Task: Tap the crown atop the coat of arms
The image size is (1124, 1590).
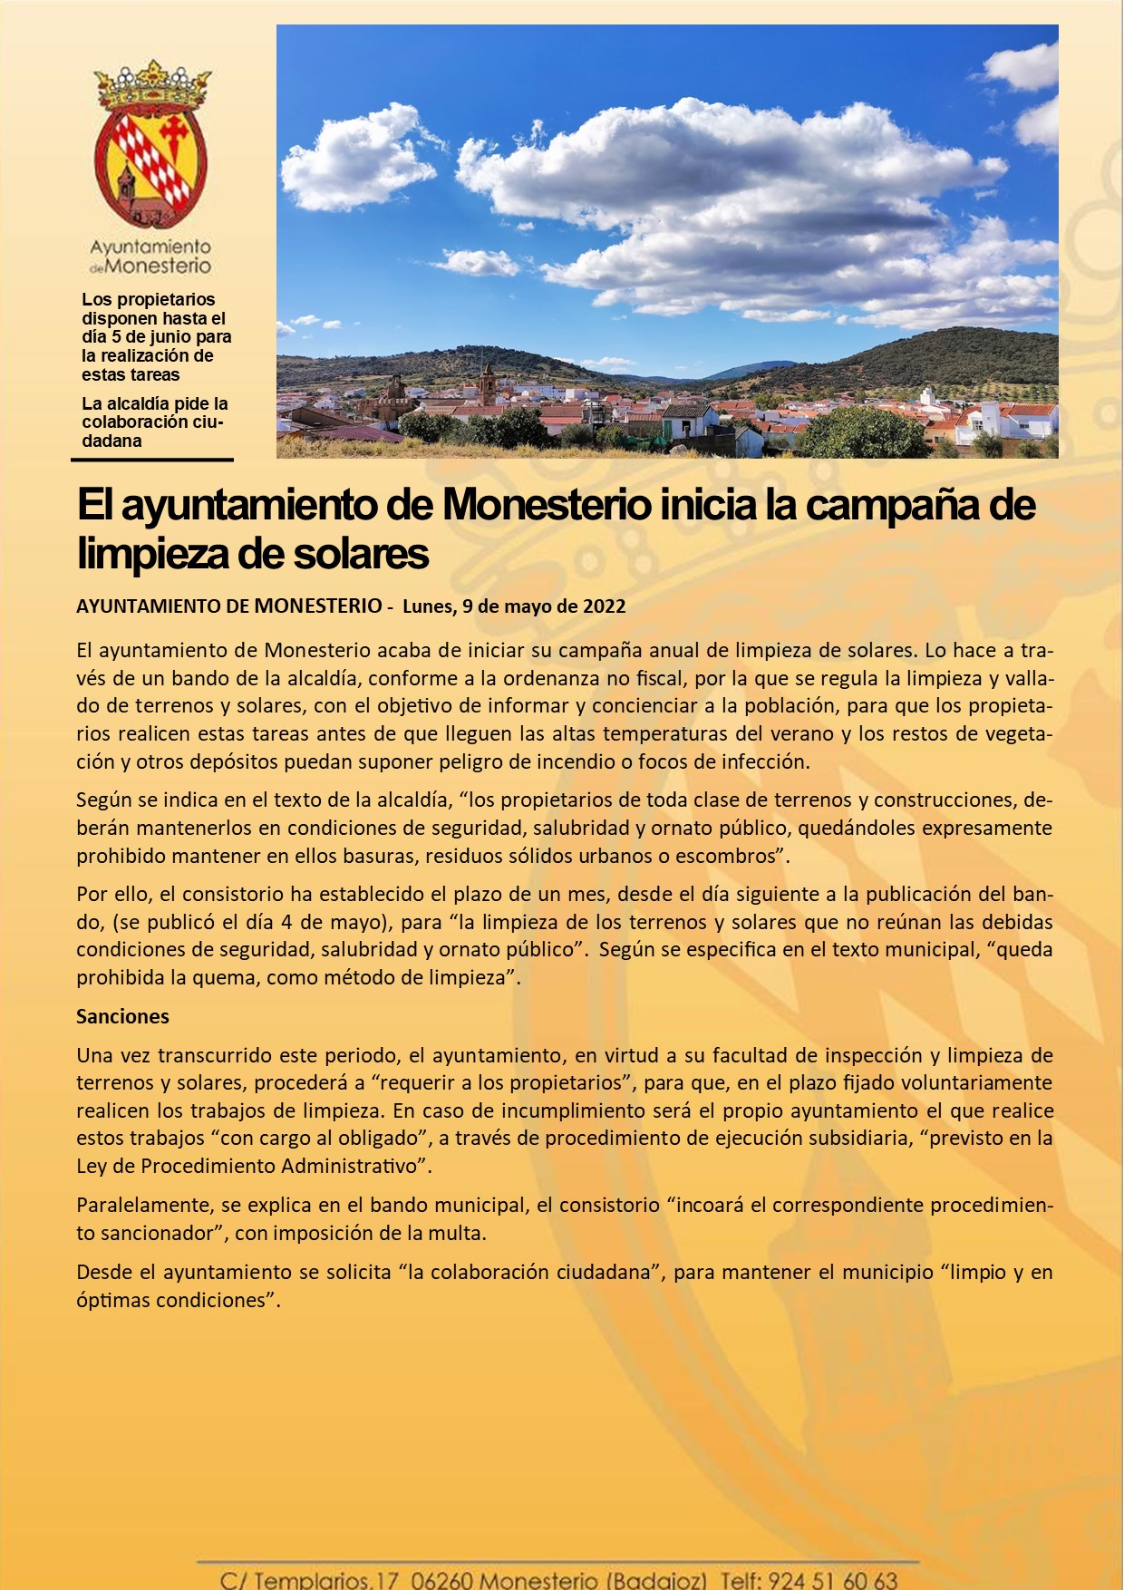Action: tap(152, 85)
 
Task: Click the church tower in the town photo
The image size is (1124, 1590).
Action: tap(488, 385)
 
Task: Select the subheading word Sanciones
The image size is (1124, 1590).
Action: tap(122, 1016)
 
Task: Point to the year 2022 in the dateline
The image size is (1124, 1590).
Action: tap(604, 606)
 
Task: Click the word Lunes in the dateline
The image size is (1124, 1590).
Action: tap(428, 606)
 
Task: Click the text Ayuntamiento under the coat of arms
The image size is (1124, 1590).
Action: tap(150, 247)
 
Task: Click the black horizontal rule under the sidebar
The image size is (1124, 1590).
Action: tap(152, 460)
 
